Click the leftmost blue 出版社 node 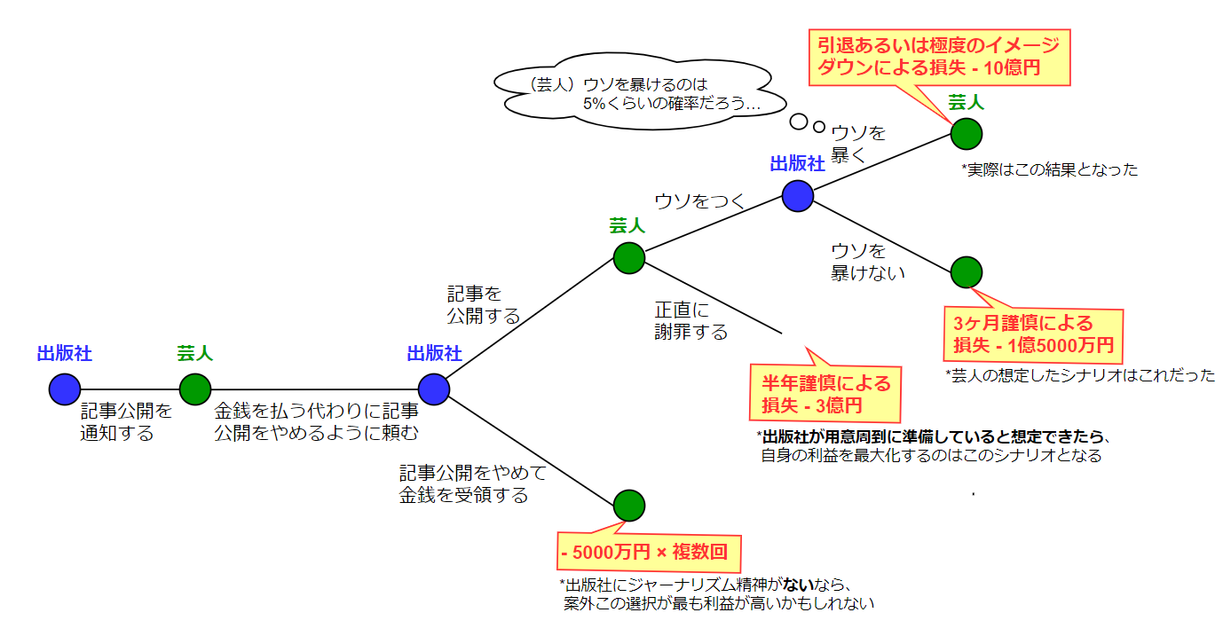click(x=65, y=389)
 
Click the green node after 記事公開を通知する click(x=194, y=389)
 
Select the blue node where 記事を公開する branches click(x=433, y=389)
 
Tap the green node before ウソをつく click(x=628, y=257)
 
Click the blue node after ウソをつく click(x=797, y=195)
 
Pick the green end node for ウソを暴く click(x=966, y=134)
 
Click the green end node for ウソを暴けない click(x=966, y=272)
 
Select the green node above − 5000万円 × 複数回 click(x=628, y=505)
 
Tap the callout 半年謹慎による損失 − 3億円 click(x=825, y=394)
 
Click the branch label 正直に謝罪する click(x=690, y=321)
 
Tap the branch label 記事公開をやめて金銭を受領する click(x=472, y=483)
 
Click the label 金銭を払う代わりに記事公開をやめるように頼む click(x=316, y=421)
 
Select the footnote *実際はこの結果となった click(x=1049, y=169)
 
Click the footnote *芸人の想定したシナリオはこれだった click(x=1079, y=375)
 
